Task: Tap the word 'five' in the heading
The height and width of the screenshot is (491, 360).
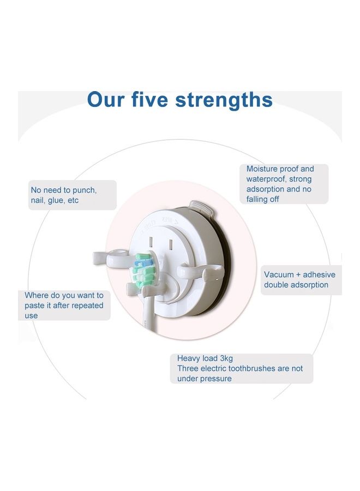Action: [x=150, y=100]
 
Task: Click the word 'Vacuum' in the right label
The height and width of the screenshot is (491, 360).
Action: [x=280, y=274]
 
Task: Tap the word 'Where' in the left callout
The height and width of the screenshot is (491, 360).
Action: [x=36, y=295]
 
